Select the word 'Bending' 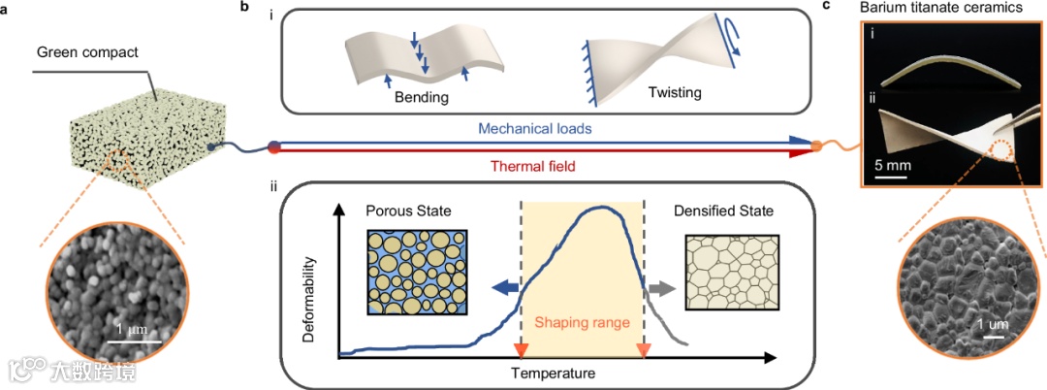421,97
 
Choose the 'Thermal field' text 536,166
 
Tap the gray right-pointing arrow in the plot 661,288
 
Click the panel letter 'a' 5,8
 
